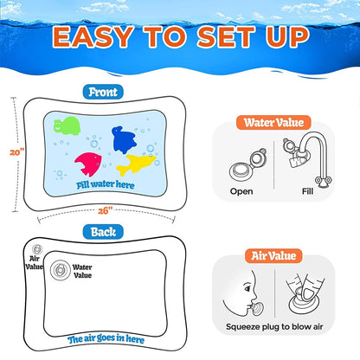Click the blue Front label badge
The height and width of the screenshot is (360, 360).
tap(103, 92)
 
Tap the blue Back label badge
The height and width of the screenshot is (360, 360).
tap(103, 232)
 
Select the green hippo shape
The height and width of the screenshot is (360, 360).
tap(67, 125)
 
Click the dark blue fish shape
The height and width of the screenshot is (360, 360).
tap(124, 139)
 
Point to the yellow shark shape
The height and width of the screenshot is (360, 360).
tap(136, 164)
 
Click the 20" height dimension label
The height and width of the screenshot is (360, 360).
tap(17, 151)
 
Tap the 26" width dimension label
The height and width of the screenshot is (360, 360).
tap(105, 211)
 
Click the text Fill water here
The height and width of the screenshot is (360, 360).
tap(106, 184)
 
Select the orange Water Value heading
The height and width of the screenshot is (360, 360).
tap(273, 123)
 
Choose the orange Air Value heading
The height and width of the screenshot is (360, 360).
tap(273, 256)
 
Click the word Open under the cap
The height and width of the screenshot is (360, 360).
tap(241, 191)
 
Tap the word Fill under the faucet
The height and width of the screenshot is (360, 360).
tap(307, 191)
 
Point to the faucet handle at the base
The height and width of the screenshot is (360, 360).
tap(323, 181)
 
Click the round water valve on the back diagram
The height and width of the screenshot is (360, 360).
tap(60, 270)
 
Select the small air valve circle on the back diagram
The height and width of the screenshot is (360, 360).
tap(37, 249)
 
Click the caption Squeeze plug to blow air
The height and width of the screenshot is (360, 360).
tap(274, 327)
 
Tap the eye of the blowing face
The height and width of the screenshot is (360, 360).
tap(247, 287)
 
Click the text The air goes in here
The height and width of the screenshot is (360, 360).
tap(106, 339)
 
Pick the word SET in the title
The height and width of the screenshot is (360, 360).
tap(226, 36)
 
